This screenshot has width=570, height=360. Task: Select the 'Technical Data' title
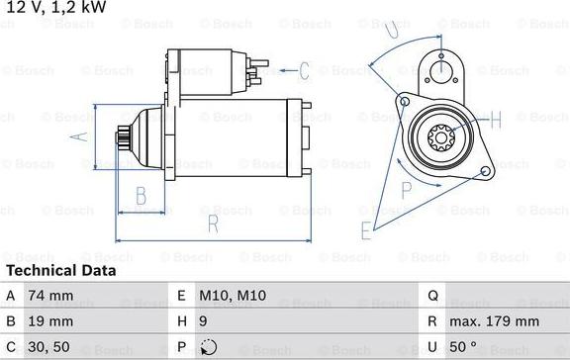(60, 270)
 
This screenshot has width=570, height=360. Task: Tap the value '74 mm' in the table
(50, 296)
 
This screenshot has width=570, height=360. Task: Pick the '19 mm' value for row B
(50, 321)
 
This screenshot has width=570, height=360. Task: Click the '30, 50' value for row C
(48, 347)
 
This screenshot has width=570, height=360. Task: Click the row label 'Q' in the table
(433, 296)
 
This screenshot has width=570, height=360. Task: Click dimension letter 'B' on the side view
(142, 194)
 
